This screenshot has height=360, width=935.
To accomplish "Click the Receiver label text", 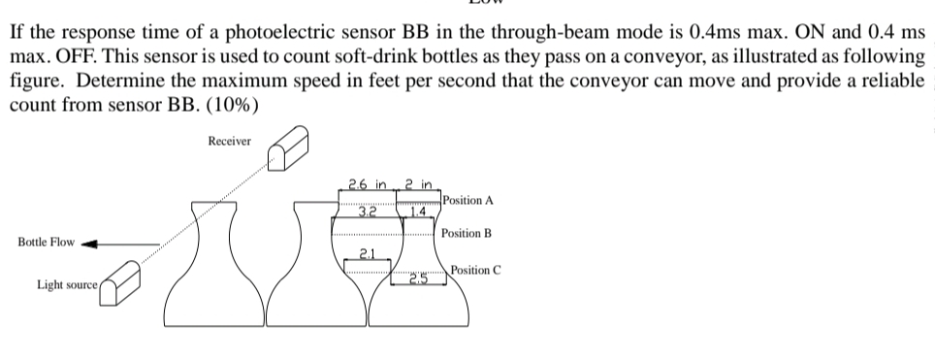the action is pyautogui.click(x=229, y=142).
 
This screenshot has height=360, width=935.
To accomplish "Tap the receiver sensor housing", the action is pyautogui.click(x=290, y=148).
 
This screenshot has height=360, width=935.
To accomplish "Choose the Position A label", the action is pyautogui.click(x=467, y=200).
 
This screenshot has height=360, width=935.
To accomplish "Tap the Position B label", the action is pyautogui.click(x=467, y=234).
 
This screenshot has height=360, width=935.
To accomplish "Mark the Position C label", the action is pyautogui.click(x=474, y=270).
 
